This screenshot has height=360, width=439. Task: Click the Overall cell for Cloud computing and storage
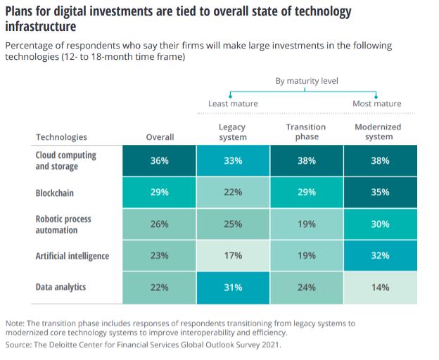pyautogui.click(x=159, y=160)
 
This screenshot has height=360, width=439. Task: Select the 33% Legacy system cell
pyautogui.click(x=233, y=160)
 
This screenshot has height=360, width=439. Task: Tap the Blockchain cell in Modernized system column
pyautogui.click(x=380, y=192)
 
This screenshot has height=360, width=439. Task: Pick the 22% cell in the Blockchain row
pyautogui.click(x=233, y=192)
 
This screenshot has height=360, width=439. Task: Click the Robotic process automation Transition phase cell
pyautogui.click(x=306, y=224)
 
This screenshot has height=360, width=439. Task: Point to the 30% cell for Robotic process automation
pyautogui.click(x=380, y=224)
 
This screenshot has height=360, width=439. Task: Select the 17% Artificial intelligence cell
pyautogui.click(x=233, y=256)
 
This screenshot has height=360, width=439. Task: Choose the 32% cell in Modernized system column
pyautogui.click(x=380, y=256)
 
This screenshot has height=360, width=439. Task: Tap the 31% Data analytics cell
pyautogui.click(x=233, y=288)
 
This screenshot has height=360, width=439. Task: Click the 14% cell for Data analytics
pyautogui.click(x=380, y=288)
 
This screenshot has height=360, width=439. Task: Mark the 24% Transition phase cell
pyautogui.click(x=306, y=288)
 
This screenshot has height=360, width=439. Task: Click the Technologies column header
pyautogui.click(x=61, y=137)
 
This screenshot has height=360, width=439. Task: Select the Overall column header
pyautogui.click(x=160, y=137)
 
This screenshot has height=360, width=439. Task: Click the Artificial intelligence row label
pyautogui.click(x=72, y=256)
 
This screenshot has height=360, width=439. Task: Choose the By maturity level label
pyautogui.click(x=306, y=81)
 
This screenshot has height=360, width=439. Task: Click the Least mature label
pyautogui.click(x=233, y=103)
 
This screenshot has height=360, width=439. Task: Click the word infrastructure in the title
pyautogui.click(x=41, y=26)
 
